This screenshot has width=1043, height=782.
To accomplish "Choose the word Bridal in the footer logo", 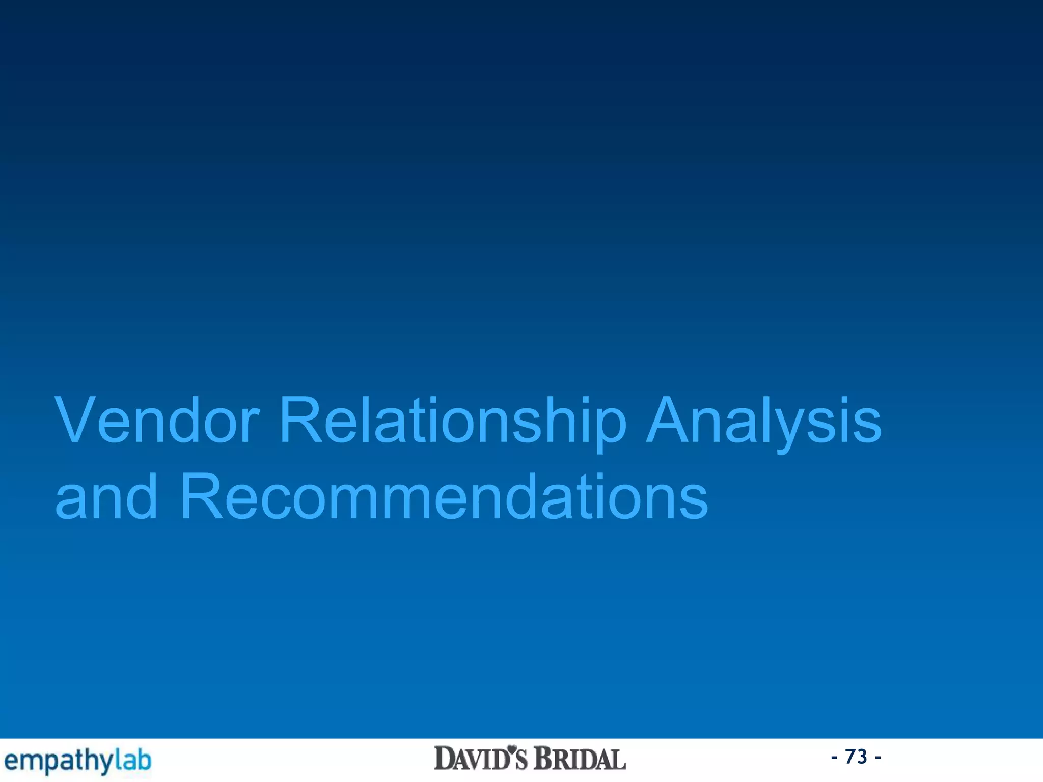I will pyautogui.click(x=580, y=759).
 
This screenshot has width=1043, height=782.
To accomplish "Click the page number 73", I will pyautogui.click(x=856, y=757).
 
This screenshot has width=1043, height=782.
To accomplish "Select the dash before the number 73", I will pyautogui.click(x=834, y=758).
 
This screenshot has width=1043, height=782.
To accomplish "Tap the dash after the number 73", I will pyautogui.click(x=877, y=758).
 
